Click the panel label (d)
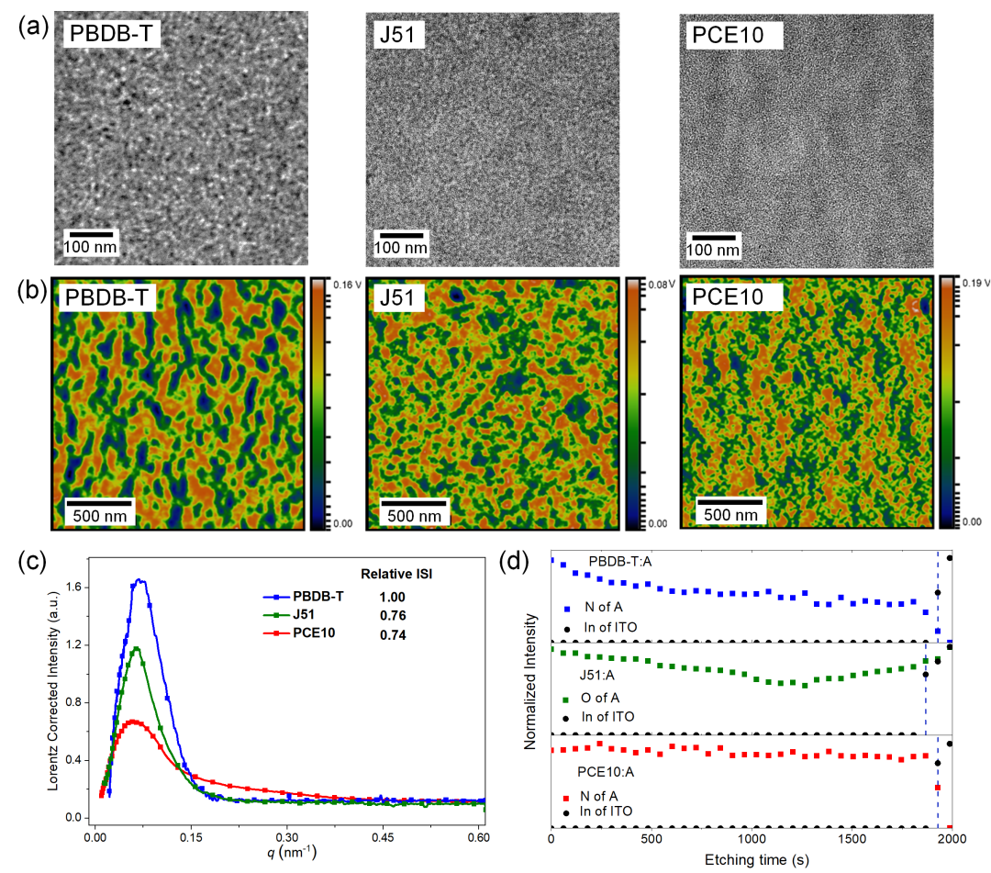pyautogui.click(x=513, y=561)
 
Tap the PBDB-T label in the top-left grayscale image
pyautogui.click(x=111, y=33)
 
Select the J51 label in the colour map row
pyautogui.click(x=397, y=297)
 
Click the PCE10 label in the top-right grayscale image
pyautogui.click(x=728, y=35)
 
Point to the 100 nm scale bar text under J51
pyautogui.click(x=401, y=248)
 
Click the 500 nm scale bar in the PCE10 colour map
pyautogui.click(x=730, y=502)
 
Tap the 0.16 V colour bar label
pyautogui.click(x=347, y=285)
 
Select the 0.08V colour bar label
pyautogui.click(x=662, y=285)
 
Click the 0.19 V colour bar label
pyautogui.click(x=975, y=283)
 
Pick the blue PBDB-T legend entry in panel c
pyautogui.click(x=304, y=596)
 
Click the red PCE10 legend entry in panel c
pyautogui.click(x=299, y=632)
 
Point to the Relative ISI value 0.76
pyautogui.click(x=393, y=615)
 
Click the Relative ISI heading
pyautogui.click(x=396, y=574)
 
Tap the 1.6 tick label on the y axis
pyautogui.click(x=73, y=588)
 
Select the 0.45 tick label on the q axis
pyautogui.click(x=383, y=837)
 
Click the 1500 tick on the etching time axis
pyautogui.click(x=852, y=839)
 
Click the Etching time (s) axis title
pyautogui.click(x=756, y=860)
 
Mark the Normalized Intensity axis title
pyautogui.click(x=529, y=681)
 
